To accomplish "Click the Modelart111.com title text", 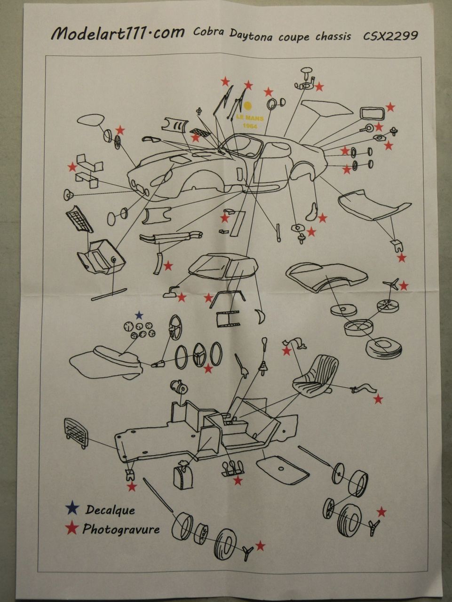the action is pos(118,34).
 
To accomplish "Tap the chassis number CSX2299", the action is pos(390,36).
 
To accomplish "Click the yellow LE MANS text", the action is pos(250,118).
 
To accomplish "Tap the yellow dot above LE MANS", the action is pos(248,106).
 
